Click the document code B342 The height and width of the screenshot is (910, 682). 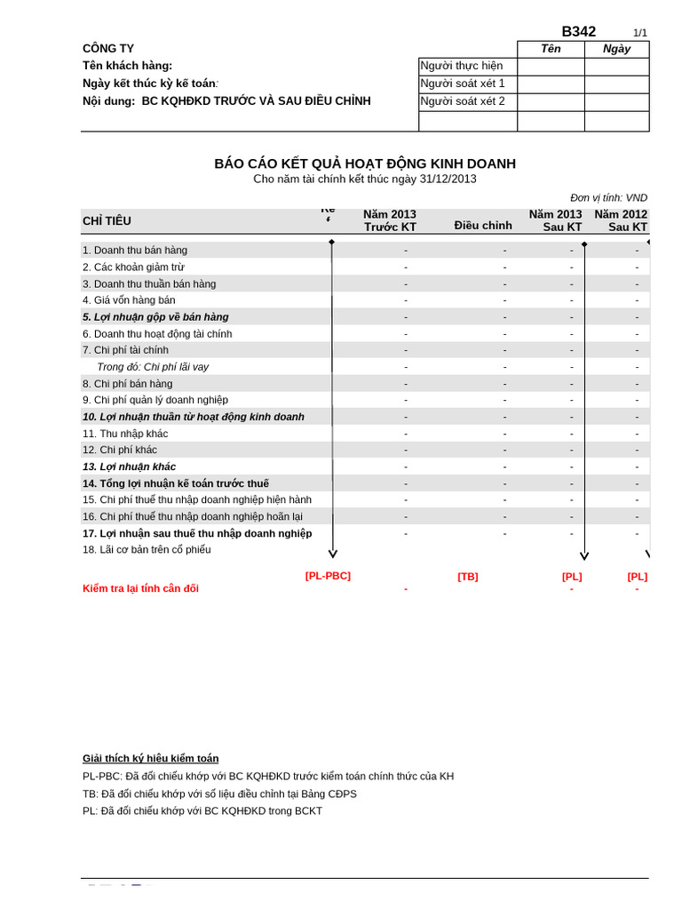[578, 32]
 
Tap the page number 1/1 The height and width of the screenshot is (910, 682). [639, 33]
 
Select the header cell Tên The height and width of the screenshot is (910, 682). [551, 49]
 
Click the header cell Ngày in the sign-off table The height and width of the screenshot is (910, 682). [616, 49]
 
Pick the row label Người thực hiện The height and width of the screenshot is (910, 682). [461, 66]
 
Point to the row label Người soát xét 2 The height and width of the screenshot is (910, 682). [462, 101]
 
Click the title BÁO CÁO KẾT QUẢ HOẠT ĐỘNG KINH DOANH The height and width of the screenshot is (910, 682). [365, 164]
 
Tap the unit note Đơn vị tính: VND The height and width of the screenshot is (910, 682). [608, 197]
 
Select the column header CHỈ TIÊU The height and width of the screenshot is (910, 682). [107, 221]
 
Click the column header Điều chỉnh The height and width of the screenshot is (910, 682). [483, 226]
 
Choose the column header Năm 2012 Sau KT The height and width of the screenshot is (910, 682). [621, 220]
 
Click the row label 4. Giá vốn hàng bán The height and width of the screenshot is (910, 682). [129, 300]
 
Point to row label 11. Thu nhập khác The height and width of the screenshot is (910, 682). [125, 434]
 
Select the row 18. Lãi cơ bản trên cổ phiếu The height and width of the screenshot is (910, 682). [147, 550]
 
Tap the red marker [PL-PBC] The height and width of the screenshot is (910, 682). [328, 576]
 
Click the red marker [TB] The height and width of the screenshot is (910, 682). [467, 577]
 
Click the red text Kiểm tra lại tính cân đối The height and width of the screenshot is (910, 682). [140, 588]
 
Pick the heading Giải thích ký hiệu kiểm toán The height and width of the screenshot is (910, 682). [150, 758]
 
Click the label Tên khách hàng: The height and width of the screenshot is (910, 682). [127, 66]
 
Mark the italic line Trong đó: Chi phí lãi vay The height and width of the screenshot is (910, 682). [153, 367]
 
